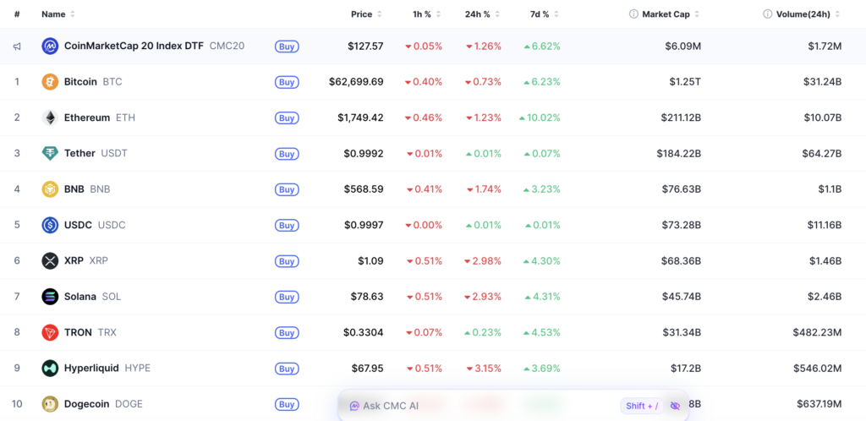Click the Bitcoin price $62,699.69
point(356,82)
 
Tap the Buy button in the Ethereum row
point(287,118)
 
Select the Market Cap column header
point(666,14)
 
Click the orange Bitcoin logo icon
point(50,82)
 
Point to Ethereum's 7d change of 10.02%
point(540,118)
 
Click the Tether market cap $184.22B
point(679,153)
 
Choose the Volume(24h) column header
point(803,14)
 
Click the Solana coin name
point(80,297)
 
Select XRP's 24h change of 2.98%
point(483,261)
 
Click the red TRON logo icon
point(50,333)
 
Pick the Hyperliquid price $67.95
point(367,368)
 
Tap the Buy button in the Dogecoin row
point(287,404)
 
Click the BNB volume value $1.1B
point(830,189)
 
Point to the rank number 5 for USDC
point(17,225)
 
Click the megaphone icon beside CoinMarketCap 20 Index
point(17,46)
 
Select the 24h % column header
point(477,14)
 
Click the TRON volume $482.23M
point(818,333)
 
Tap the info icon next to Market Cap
point(633,14)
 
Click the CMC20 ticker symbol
point(227,46)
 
